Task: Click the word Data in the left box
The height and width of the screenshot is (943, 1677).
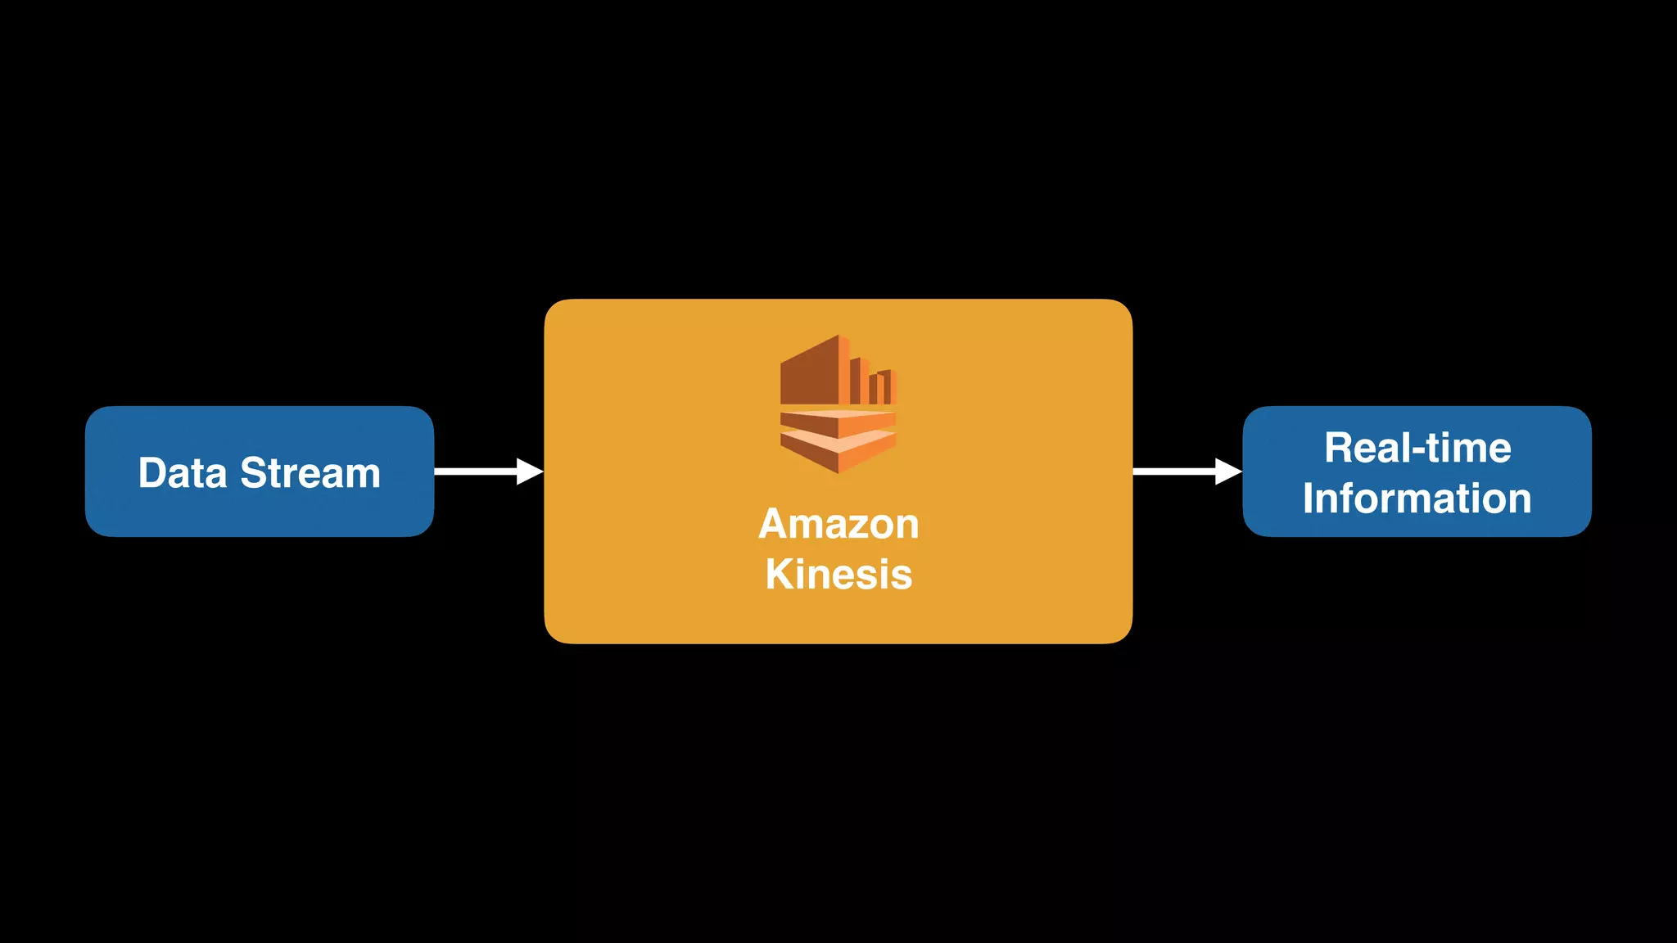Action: [182, 473]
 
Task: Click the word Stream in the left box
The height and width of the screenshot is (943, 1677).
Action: [310, 473]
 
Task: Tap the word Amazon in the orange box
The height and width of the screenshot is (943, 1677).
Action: [838, 524]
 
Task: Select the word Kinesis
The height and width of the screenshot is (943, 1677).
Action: [838, 574]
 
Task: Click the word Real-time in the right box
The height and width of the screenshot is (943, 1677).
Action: [1417, 448]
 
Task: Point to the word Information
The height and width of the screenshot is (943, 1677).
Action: [1417, 499]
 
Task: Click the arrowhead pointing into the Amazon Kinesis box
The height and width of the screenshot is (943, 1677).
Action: [530, 471]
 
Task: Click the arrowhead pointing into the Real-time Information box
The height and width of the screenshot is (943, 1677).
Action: [1228, 471]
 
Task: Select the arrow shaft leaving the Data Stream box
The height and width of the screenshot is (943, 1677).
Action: [475, 471]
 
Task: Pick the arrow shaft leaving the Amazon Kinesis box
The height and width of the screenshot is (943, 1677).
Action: [1173, 471]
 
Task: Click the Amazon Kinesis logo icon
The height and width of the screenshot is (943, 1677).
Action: [838, 404]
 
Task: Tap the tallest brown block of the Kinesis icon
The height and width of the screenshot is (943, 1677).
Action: [811, 372]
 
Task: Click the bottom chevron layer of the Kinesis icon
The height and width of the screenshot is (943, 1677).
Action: [838, 453]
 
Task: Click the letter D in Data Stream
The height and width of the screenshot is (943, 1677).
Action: [152, 473]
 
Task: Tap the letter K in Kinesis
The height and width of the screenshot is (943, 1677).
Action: [779, 574]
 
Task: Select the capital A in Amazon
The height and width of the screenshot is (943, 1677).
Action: [774, 524]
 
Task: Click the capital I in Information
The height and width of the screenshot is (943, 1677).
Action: [1309, 499]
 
